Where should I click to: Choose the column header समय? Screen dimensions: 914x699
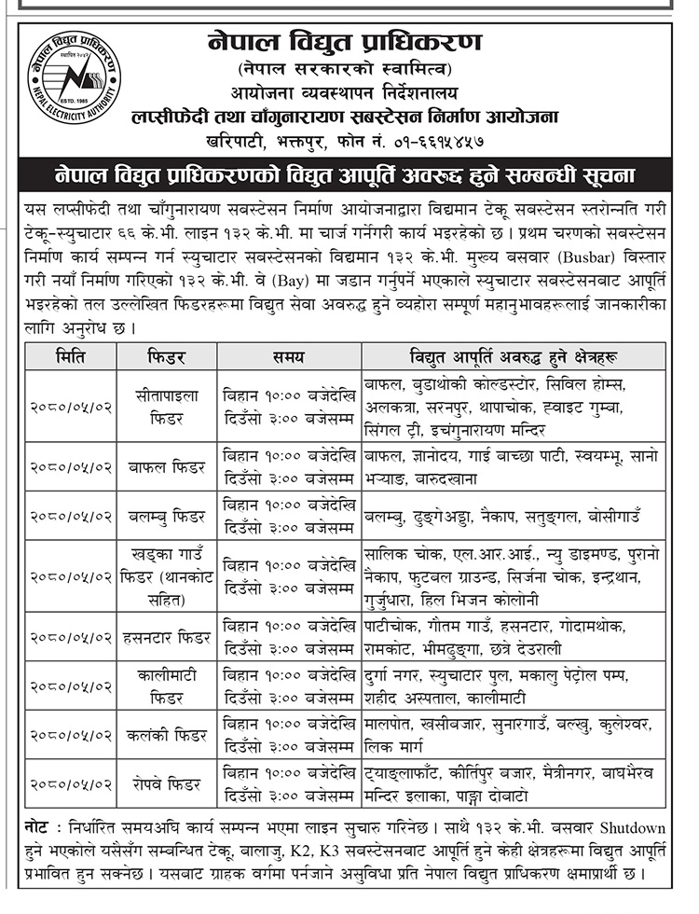point(289,356)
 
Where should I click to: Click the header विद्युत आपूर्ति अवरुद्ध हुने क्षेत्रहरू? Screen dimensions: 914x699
point(515,356)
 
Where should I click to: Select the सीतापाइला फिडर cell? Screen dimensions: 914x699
point(166,408)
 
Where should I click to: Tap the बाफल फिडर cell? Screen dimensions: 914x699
point(166,466)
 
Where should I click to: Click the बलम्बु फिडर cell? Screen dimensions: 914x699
point(166,515)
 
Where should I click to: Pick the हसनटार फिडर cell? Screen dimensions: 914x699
point(166,637)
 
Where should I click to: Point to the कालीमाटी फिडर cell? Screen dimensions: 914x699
point(166,685)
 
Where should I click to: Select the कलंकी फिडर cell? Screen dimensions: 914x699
point(166,735)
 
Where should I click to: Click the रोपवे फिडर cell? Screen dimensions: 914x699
point(166,784)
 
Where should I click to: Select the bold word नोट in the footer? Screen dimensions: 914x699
point(38,829)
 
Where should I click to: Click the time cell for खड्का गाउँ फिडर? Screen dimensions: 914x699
point(289,575)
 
